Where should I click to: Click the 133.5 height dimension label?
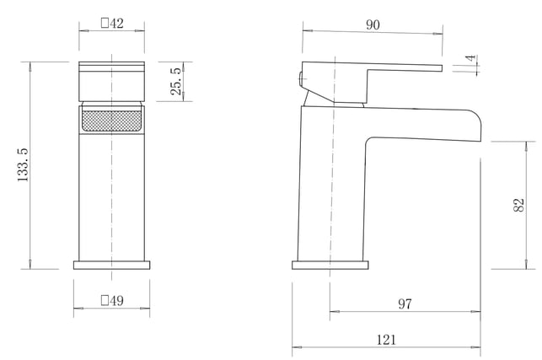pyautogui.click(x=23, y=165)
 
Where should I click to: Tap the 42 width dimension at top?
pyautogui.click(x=112, y=23)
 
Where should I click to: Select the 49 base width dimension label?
pyautogui.click(x=112, y=300)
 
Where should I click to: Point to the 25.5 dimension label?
pyautogui.click(x=176, y=81)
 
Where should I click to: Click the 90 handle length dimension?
pyautogui.click(x=373, y=24)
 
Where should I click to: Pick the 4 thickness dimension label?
pyautogui.click(x=471, y=58)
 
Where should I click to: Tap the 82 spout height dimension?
pyautogui.click(x=519, y=205)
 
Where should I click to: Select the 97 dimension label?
pyautogui.click(x=405, y=304)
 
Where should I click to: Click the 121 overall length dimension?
pyautogui.click(x=386, y=340)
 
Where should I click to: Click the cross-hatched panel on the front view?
pyautogui.click(x=111, y=121)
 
